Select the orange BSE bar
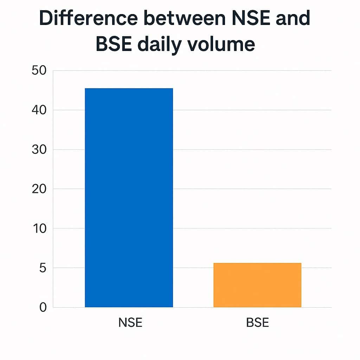[x=257, y=285]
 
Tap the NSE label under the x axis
[x=130, y=322]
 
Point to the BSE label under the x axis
[x=258, y=322]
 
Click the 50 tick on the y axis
[x=39, y=70]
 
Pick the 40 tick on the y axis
[x=39, y=110]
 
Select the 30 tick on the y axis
[x=39, y=149]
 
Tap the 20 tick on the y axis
[x=39, y=189]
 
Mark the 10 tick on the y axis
[x=39, y=229]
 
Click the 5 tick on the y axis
[x=42, y=268]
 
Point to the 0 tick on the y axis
[x=43, y=307]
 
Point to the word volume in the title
[x=221, y=45]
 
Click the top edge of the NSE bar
[x=129, y=89]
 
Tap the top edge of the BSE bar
[x=257, y=263]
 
